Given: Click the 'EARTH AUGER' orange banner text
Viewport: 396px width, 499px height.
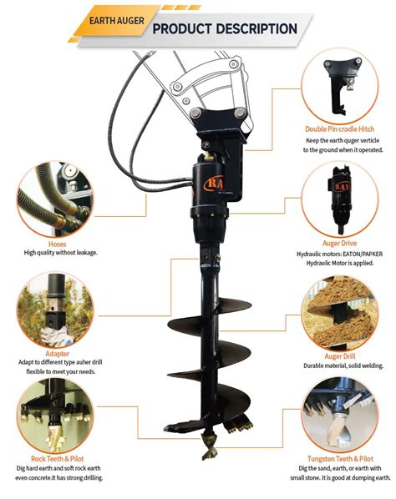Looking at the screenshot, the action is click(117, 21).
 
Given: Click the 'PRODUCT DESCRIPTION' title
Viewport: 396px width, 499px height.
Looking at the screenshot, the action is click(225, 28).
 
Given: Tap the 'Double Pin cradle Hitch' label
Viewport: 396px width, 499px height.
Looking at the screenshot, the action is click(340, 129).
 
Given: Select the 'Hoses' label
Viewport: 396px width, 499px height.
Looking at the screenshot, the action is click(58, 244).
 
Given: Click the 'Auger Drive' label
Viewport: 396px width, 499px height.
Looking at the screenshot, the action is click(340, 243).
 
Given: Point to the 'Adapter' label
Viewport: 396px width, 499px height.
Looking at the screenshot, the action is click(58, 354).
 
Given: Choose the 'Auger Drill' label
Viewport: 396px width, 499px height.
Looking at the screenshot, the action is click(340, 356).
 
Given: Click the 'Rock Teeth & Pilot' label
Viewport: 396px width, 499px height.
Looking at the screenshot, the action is click(58, 459).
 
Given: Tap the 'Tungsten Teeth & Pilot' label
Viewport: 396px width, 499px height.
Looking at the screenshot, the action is click(340, 459).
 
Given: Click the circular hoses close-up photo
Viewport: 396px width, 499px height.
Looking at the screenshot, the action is click(55, 199).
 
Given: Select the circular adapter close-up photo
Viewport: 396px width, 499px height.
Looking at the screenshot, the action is click(55, 310).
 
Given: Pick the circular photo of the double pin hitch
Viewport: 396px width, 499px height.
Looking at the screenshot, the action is click(340, 86).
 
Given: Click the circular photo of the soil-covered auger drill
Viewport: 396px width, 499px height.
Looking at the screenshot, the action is click(340, 314).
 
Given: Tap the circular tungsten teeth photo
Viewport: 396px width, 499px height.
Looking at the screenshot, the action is click(340, 415).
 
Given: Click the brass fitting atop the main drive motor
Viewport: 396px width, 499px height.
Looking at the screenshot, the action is click(210, 156).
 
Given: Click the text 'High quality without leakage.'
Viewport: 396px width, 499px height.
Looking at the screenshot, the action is click(60, 253).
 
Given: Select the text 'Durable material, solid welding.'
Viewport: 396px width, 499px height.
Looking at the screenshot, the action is click(343, 365).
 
